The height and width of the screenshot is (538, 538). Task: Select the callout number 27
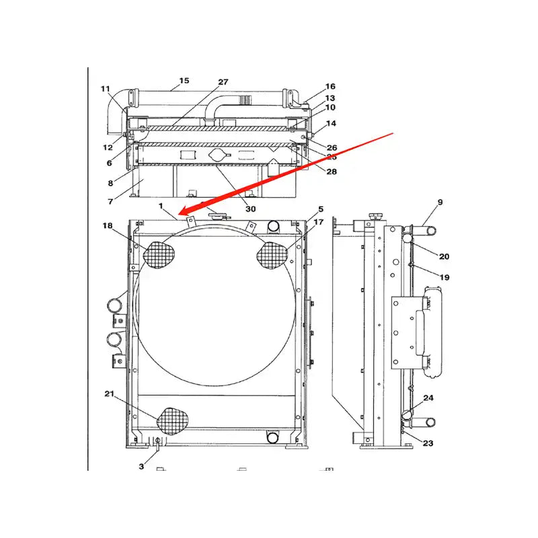[x=223, y=82]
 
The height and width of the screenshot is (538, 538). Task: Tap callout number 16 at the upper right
[x=330, y=87]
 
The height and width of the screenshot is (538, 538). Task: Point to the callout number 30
[x=250, y=209]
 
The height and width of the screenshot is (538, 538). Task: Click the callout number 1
[x=161, y=205]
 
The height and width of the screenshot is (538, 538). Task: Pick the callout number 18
[x=108, y=226]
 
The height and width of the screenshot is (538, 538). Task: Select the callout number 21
[x=108, y=394]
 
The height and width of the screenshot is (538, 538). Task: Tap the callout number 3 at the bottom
[x=141, y=466]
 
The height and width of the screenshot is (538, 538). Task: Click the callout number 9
[x=440, y=201]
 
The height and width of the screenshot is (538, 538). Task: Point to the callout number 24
[x=428, y=398]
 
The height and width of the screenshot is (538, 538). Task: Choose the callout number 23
[x=428, y=443]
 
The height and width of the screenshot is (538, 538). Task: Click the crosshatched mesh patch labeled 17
[x=273, y=255]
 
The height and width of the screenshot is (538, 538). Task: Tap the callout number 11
[x=106, y=89]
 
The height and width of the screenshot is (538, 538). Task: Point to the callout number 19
[x=445, y=277]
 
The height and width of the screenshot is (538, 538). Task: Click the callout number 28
[x=332, y=172]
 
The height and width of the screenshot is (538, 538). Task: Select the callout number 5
[x=321, y=209]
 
